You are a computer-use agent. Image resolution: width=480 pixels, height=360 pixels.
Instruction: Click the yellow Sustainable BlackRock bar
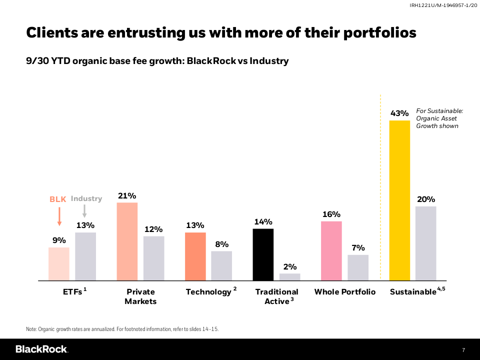[x=399, y=200]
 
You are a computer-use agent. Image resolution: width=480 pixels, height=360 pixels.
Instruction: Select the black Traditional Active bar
[x=263, y=254]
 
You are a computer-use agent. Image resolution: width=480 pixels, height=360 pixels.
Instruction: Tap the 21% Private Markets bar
[x=127, y=241]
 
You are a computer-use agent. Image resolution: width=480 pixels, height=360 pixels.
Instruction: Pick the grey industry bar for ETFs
[x=85, y=256]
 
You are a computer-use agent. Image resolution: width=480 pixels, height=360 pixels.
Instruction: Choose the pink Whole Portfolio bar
[x=331, y=250]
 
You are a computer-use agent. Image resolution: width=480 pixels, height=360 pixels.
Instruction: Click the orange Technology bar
[x=195, y=256]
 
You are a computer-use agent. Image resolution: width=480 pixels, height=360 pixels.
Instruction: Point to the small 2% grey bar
[x=290, y=277]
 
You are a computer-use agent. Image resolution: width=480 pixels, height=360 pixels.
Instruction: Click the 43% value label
[x=399, y=113]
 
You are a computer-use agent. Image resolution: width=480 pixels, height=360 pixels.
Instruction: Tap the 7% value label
[x=358, y=248]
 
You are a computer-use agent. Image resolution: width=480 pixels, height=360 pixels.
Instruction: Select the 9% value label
[x=59, y=240]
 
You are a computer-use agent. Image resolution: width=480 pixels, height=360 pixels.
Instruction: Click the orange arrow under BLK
[x=59, y=216]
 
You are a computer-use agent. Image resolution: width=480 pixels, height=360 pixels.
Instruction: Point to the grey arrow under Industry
[x=84, y=210]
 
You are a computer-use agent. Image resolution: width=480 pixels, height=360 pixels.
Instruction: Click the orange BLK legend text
[x=57, y=199]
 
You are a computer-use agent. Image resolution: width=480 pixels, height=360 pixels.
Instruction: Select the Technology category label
[x=208, y=292]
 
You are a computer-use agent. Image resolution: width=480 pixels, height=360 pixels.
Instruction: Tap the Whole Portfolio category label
[x=344, y=292]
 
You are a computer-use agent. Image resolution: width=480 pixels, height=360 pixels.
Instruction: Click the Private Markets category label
[x=140, y=296]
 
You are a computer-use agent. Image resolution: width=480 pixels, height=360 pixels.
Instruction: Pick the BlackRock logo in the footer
[x=41, y=349]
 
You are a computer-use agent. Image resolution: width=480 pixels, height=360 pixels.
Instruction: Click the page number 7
[x=463, y=349]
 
